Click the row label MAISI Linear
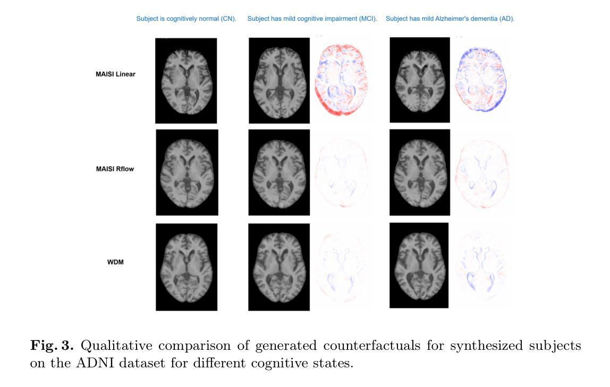tap(115, 74)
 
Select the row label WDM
tap(115, 262)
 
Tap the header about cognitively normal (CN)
tap(186, 19)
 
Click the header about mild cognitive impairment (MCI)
tap(312, 19)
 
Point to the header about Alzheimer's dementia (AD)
tap(450, 19)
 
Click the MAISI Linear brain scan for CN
tap(186, 81)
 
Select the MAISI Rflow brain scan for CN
tap(187, 173)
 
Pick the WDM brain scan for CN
tap(187, 267)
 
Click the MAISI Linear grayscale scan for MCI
tap(279, 80)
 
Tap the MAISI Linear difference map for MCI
tap(342, 80)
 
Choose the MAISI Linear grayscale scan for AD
tap(420, 80)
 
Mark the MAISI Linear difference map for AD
tap(481, 80)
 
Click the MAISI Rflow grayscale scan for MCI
tap(279, 173)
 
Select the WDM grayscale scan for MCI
tap(279, 267)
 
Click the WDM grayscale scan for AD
tap(419, 265)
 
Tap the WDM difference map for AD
tap(481, 265)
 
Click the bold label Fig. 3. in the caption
tap(52, 346)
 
